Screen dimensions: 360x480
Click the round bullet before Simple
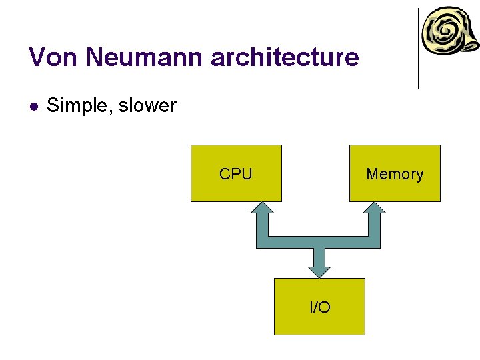34,106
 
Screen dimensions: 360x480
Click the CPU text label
235,174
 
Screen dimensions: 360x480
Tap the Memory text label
395,174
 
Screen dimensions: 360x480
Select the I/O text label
320,307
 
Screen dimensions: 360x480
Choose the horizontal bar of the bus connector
318,242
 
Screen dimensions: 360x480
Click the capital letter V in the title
37,57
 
